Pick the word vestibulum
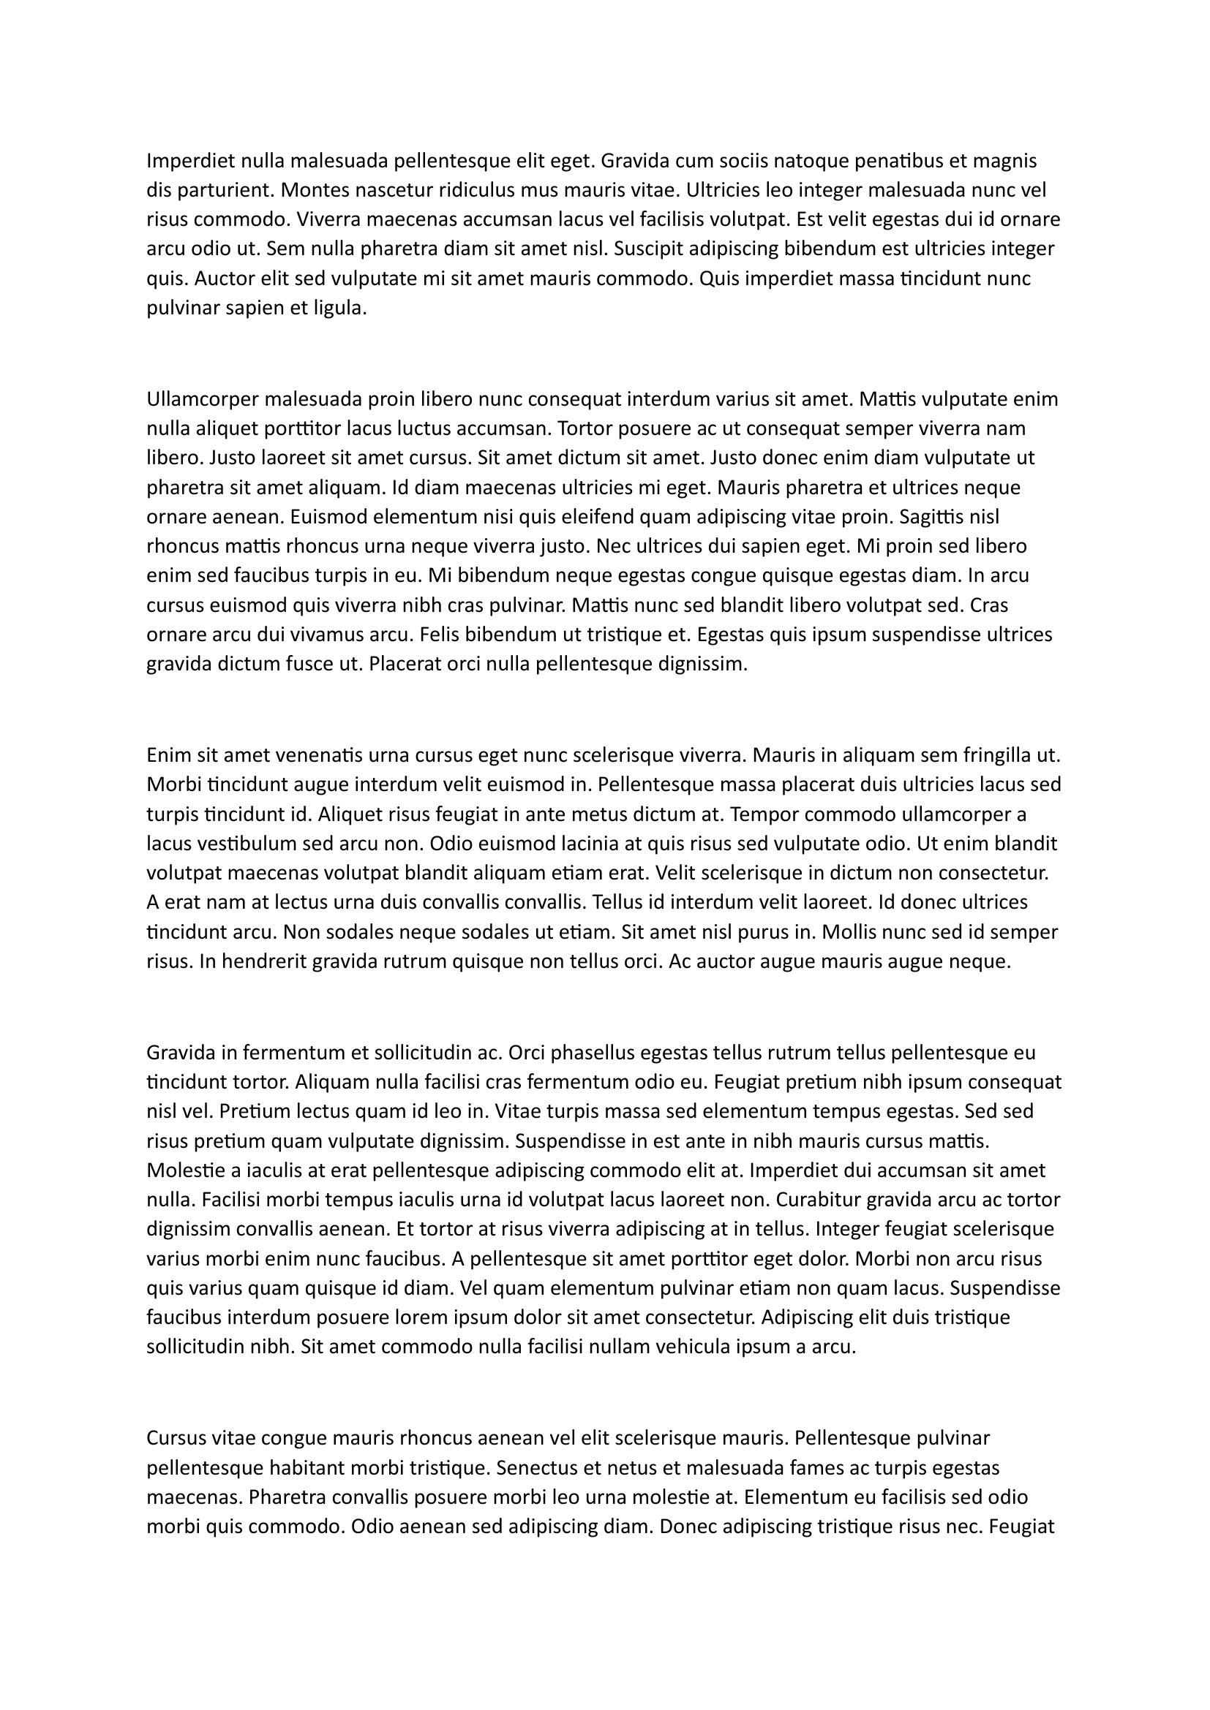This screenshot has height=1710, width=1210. (x=236, y=844)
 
